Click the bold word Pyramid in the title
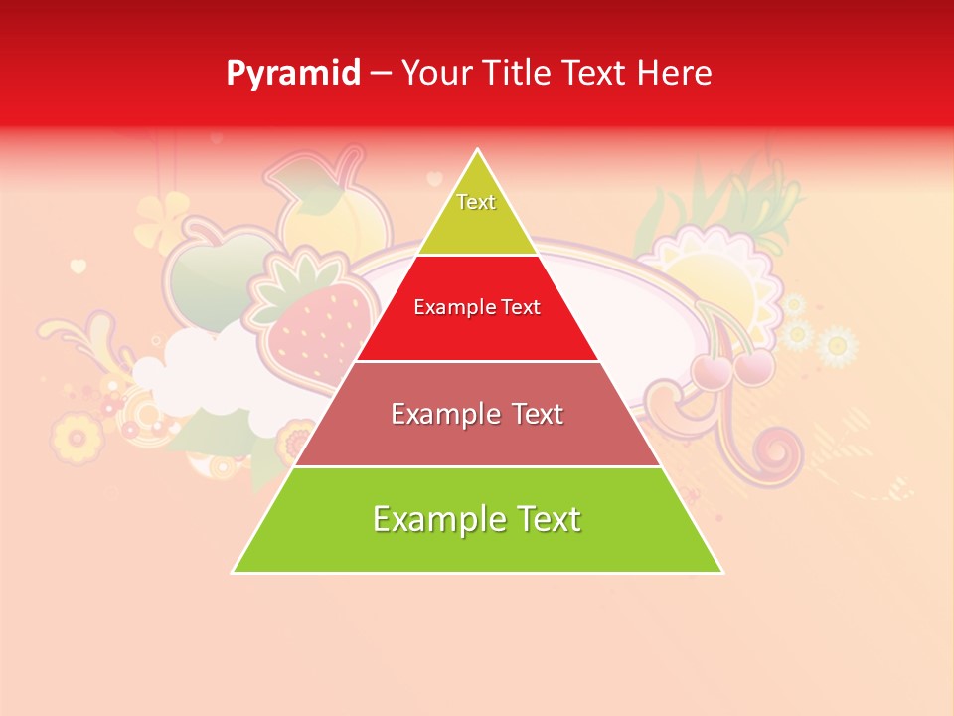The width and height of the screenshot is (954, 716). pyautogui.click(x=293, y=74)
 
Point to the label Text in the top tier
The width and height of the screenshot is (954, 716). pyautogui.click(x=476, y=202)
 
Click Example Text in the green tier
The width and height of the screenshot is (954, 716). pyautogui.click(x=477, y=519)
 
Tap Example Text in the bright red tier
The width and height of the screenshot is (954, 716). pyautogui.click(x=477, y=307)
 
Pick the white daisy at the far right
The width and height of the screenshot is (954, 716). pyautogui.click(x=837, y=345)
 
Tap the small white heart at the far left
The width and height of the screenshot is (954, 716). pyautogui.click(x=79, y=266)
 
